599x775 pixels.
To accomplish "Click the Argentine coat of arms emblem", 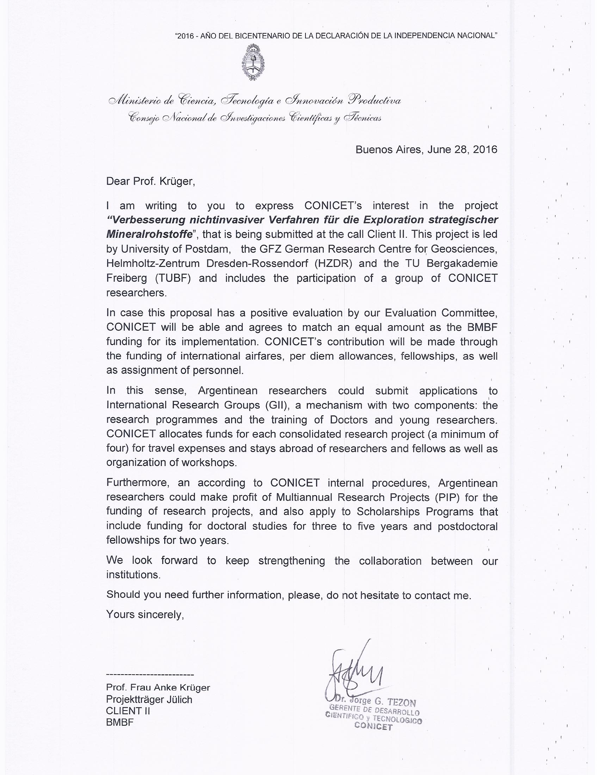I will click(x=253, y=63).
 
